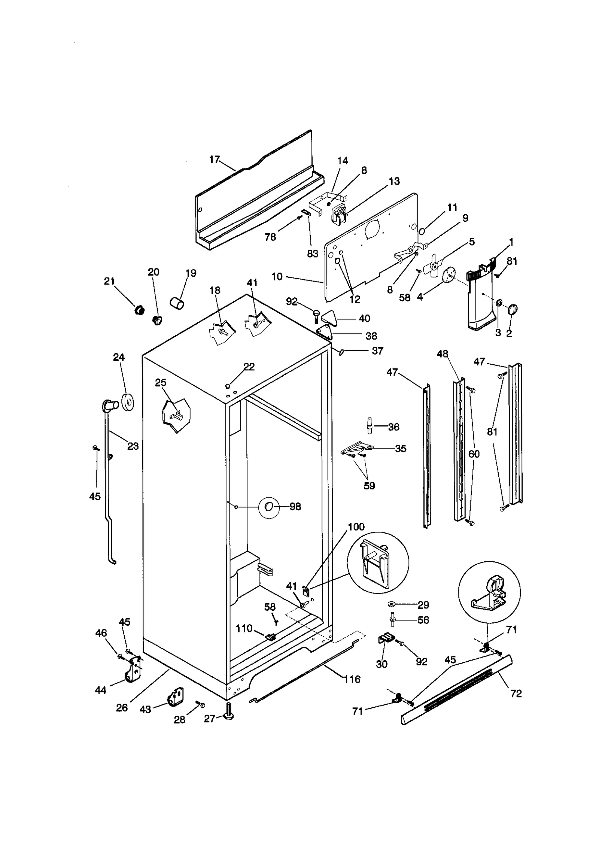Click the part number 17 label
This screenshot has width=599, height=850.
tap(214, 160)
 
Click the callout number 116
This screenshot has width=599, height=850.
tap(352, 679)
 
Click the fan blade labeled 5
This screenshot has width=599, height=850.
tap(434, 267)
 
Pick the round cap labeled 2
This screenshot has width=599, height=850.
tap(512, 309)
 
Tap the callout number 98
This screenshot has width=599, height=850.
tap(295, 507)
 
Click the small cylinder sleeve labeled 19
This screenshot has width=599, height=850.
tap(177, 303)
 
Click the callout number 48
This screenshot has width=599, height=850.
tap(442, 354)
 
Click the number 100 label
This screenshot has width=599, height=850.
tap(356, 527)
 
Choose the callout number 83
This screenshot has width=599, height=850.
tap(313, 254)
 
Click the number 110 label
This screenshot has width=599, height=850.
tap(244, 628)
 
